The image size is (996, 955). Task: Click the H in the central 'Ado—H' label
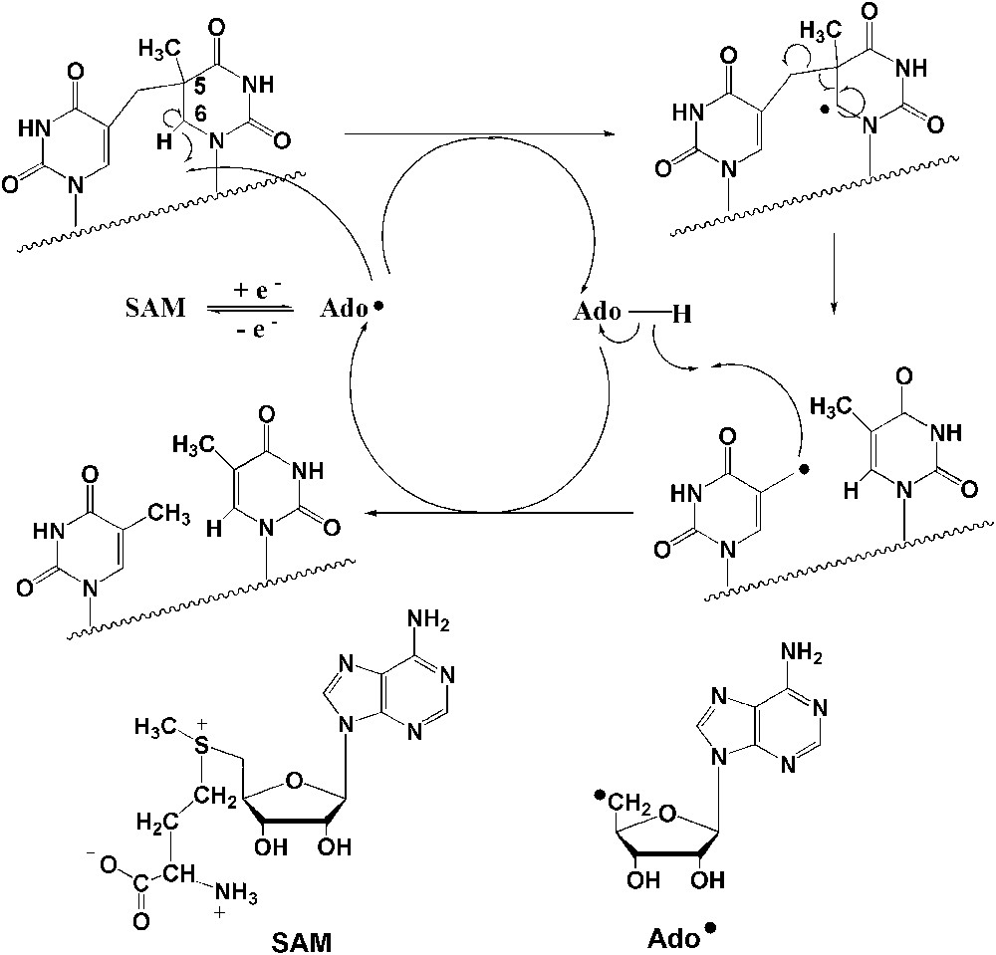pyautogui.click(x=681, y=313)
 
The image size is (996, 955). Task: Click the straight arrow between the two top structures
pyautogui.click(x=478, y=130)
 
